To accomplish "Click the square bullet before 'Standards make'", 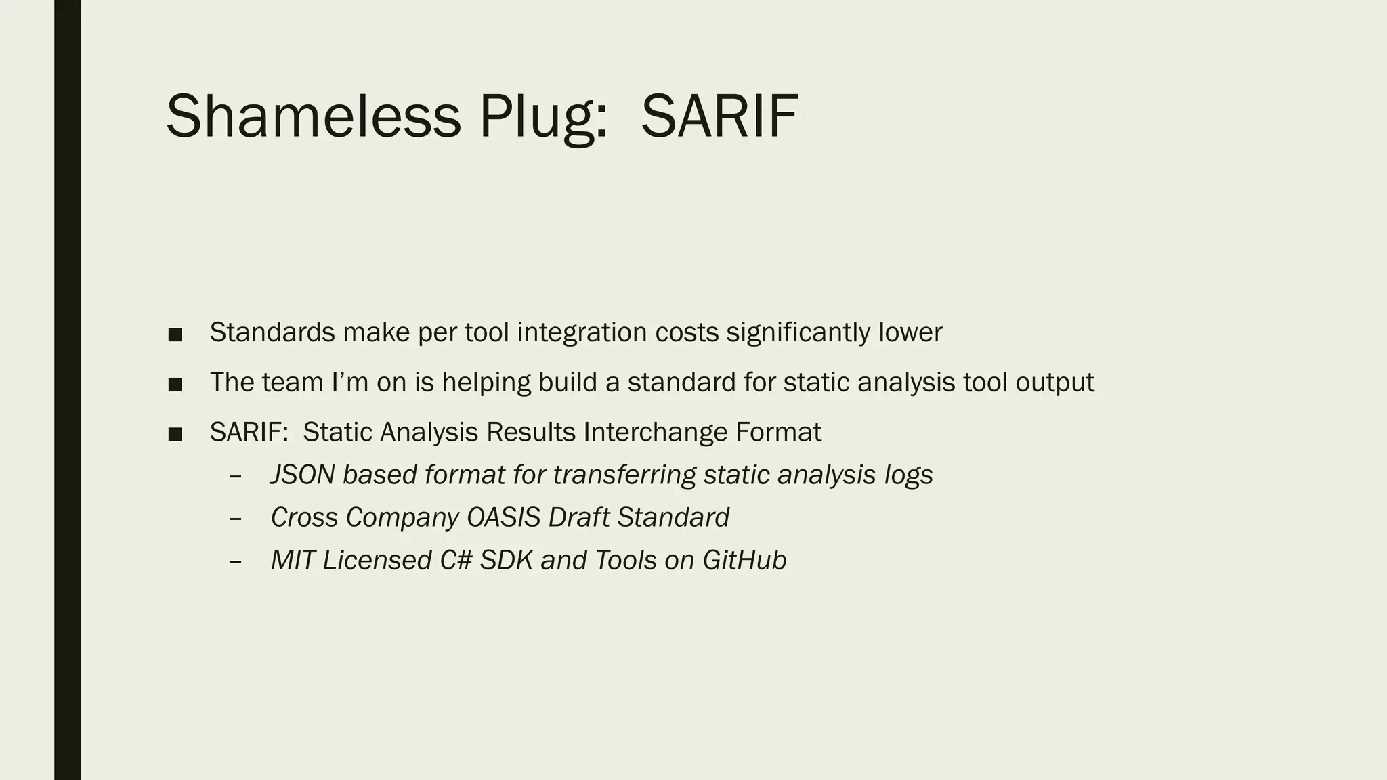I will [175, 334].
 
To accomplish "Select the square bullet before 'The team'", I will [175, 385].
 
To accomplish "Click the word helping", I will [486, 383].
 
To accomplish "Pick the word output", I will [1054, 383].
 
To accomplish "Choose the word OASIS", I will [503, 517].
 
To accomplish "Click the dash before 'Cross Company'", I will [235, 519].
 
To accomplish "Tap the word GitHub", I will [744, 560].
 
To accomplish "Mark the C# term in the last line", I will [456, 560].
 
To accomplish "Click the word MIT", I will [293, 560].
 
